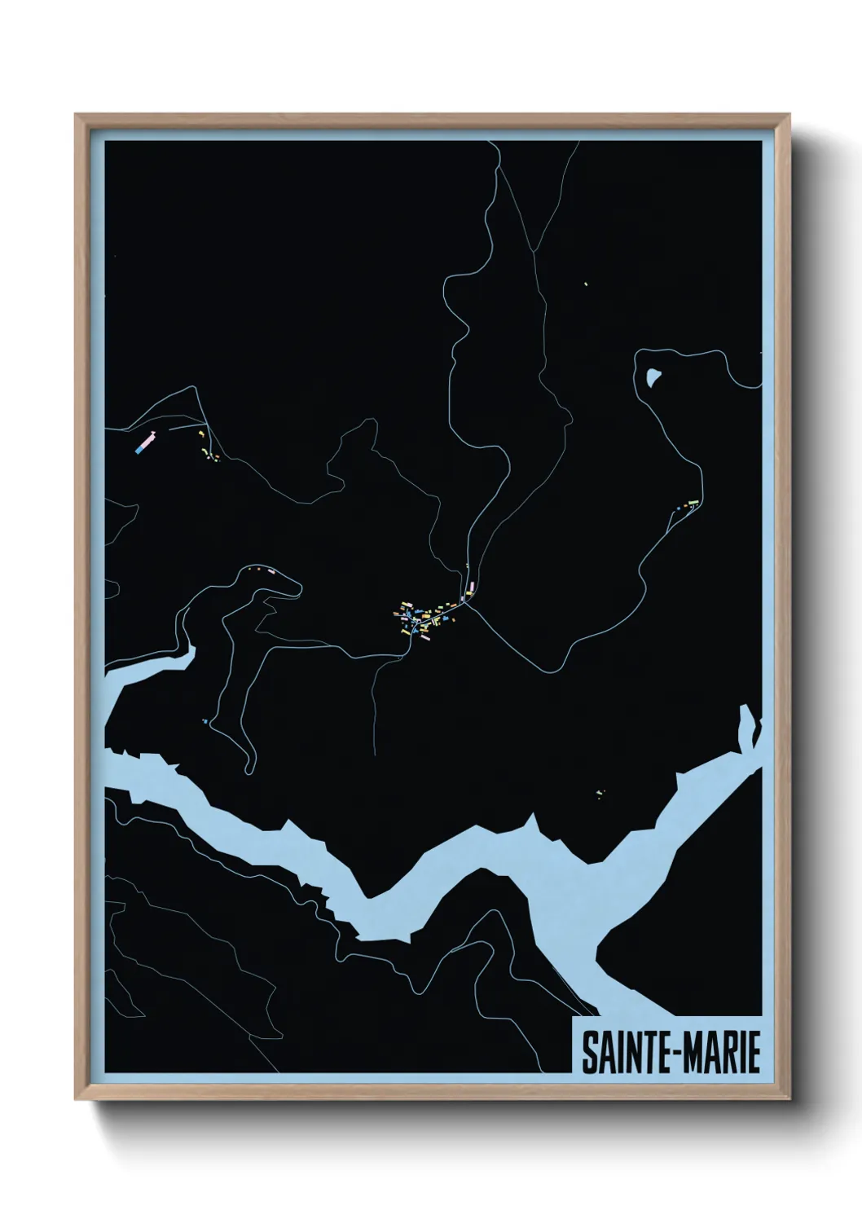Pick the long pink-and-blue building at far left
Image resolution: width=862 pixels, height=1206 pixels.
145,442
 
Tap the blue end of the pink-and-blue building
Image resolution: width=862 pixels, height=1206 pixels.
139,447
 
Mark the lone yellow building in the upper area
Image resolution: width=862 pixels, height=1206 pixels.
587,284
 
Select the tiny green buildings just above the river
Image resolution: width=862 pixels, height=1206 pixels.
600,793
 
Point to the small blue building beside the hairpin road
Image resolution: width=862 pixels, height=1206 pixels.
205,721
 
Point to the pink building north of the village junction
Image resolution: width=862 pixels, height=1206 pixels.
468,586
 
